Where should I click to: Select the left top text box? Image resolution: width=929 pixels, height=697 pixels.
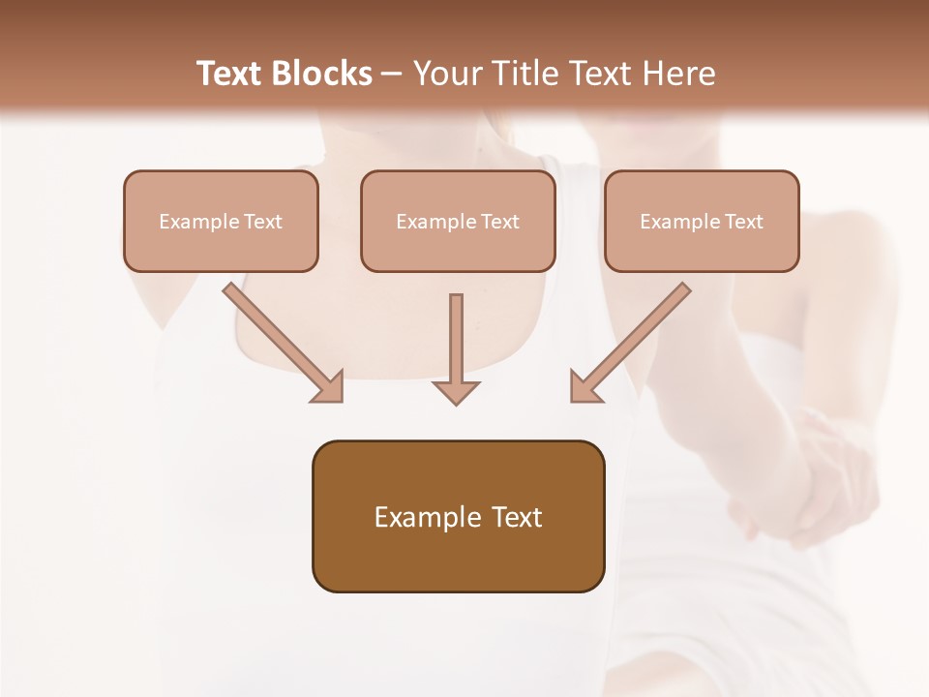[221, 222]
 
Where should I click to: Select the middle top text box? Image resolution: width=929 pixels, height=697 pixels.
[458, 222]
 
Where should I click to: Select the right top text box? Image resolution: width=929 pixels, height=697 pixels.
[702, 222]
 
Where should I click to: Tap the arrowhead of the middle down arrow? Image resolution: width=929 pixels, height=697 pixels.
[456, 391]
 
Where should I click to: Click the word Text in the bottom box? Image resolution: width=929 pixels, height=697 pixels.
[516, 517]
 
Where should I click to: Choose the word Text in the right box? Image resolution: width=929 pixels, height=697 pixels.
[744, 222]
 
